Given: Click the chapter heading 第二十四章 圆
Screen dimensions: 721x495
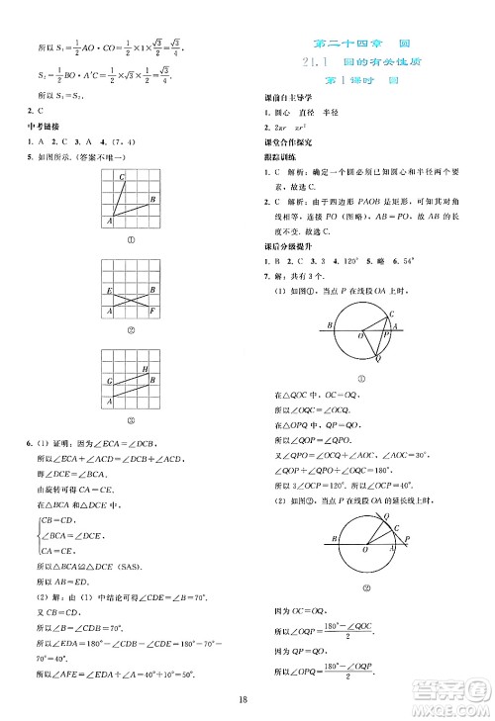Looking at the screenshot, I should [360, 45].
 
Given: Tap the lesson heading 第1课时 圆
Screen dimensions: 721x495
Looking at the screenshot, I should [361, 81].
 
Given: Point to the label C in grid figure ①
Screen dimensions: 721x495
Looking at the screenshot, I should [122, 177].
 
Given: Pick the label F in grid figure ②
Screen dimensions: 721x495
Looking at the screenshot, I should [154, 311].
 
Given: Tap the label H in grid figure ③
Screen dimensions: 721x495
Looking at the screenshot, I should [146, 369].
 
